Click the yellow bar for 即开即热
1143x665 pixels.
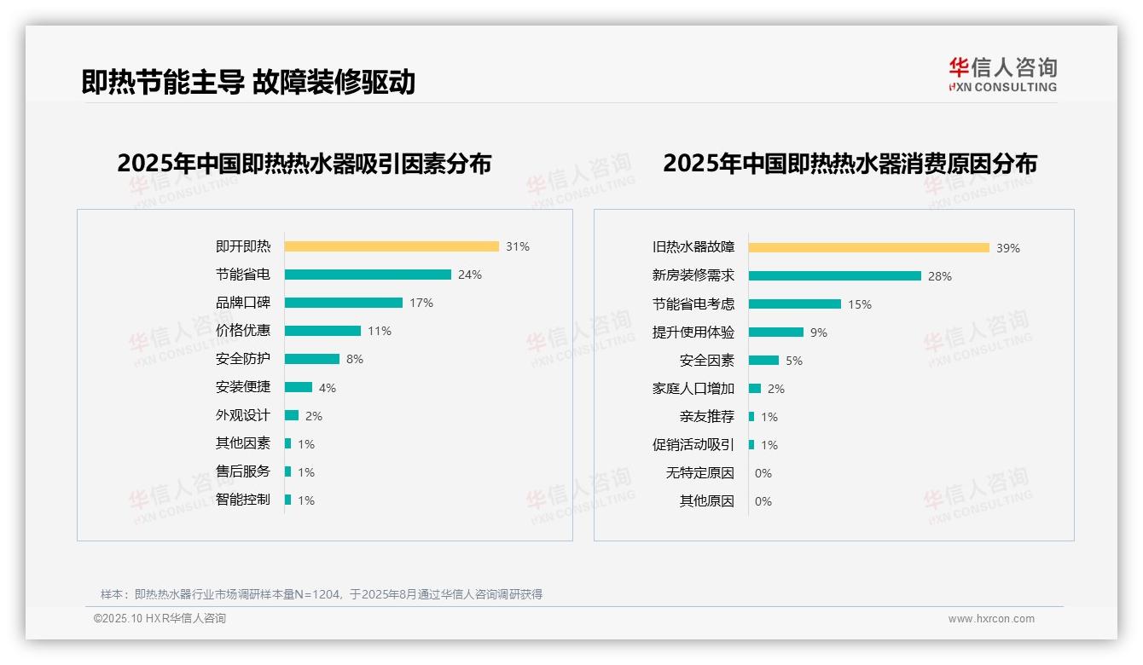click(392, 246)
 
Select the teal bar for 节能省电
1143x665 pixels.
click(368, 275)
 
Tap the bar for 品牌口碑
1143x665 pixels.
click(344, 303)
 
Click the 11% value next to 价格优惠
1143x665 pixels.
click(380, 331)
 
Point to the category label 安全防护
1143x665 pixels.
click(243, 359)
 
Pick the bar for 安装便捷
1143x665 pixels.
click(299, 387)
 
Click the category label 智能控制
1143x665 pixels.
click(243, 500)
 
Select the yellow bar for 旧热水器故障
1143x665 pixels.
click(869, 248)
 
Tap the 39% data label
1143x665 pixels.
click(1008, 248)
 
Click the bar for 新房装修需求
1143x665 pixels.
click(835, 276)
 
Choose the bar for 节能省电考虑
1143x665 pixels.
click(795, 304)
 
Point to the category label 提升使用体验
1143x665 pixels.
click(693, 332)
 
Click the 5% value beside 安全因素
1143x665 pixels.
click(794, 361)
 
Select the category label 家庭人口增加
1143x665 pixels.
click(693, 389)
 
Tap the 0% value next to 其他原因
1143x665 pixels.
click(763, 501)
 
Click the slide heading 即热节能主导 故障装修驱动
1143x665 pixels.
click(248, 82)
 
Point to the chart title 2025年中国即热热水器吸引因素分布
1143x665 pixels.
click(305, 164)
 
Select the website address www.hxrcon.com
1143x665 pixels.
click(991, 619)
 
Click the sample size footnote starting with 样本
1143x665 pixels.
click(322, 594)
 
